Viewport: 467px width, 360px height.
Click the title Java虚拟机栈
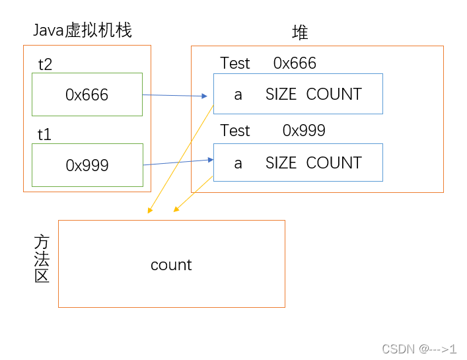click(x=83, y=30)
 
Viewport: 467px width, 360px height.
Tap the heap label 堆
click(x=300, y=33)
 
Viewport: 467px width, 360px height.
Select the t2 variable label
click(x=46, y=64)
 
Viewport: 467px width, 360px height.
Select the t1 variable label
click(x=45, y=135)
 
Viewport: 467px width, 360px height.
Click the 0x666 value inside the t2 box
click(x=87, y=94)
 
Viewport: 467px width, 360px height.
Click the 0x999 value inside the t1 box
click(x=87, y=166)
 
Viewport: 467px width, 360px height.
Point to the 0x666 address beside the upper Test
click(x=295, y=63)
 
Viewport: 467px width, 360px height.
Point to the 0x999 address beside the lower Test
click(x=304, y=131)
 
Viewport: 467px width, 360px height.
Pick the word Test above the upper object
click(x=235, y=63)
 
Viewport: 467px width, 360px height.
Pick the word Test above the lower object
click(x=235, y=131)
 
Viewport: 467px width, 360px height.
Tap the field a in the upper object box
click(x=238, y=94)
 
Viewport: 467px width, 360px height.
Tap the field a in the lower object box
click(x=238, y=163)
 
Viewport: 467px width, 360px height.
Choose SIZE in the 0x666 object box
click(x=281, y=94)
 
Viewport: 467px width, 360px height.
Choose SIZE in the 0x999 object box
click(x=281, y=163)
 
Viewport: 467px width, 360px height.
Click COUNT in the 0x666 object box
click(x=334, y=94)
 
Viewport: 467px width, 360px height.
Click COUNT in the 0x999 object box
click(x=334, y=163)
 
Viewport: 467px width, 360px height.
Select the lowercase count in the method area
click(x=171, y=265)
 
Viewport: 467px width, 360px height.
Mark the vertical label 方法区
click(x=42, y=259)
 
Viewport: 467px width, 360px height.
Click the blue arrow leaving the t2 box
click(x=175, y=96)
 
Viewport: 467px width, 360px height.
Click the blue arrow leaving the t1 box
click(x=177, y=162)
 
